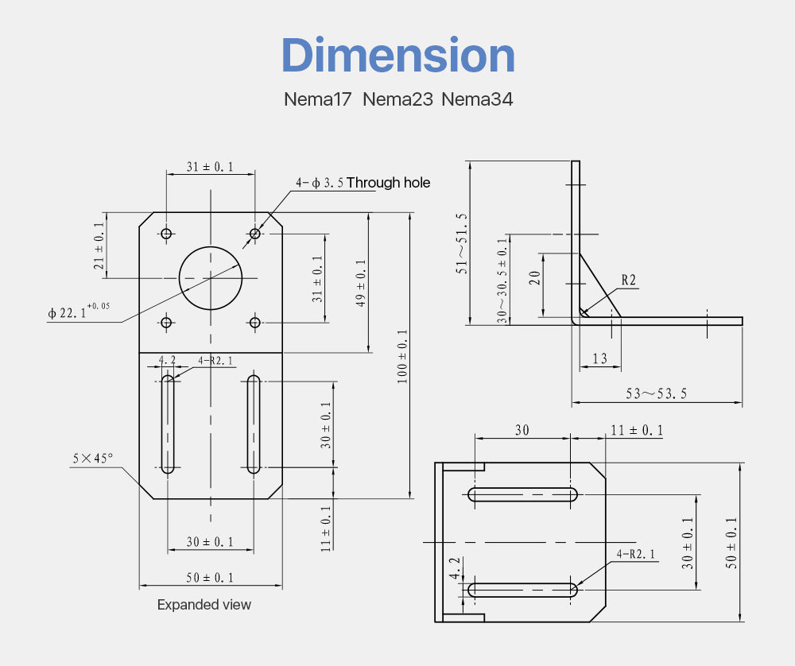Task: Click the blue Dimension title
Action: tap(398, 56)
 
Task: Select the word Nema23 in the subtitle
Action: tap(398, 99)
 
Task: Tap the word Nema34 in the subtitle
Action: tap(477, 99)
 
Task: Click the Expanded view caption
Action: tap(204, 605)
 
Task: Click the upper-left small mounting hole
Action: tap(166, 234)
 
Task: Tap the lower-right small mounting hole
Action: tap(254, 323)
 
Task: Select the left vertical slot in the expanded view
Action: tap(167, 424)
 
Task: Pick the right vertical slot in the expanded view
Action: tap(254, 424)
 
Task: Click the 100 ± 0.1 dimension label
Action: tap(402, 356)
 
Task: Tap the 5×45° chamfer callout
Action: tap(93, 459)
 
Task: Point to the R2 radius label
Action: tap(628, 280)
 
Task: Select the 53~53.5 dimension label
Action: tap(656, 394)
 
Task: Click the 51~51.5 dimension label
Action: tap(461, 243)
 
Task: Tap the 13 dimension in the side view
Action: tap(599, 358)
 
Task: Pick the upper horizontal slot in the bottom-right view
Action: tap(523, 494)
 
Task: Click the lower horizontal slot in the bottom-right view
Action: tap(523, 590)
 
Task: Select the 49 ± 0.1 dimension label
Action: tap(361, 283)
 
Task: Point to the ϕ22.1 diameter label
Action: tap(79, 311)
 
